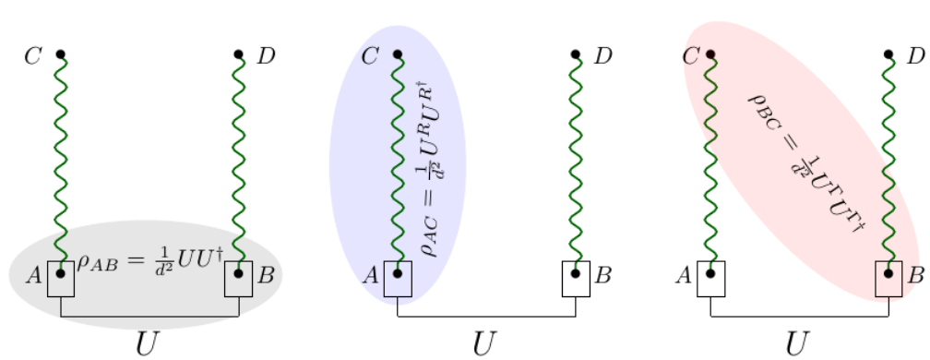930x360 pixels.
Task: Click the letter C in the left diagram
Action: coord(33,56)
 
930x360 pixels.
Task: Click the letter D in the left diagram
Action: coord(266,56)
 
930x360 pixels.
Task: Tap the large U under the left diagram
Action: coord(148,342)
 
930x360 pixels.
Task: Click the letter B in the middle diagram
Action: coord(603,274)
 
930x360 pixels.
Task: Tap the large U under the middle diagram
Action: coord(484,342)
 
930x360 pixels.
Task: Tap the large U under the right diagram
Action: coord(798,342)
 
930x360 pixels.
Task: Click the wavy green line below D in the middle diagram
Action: coord(576,166)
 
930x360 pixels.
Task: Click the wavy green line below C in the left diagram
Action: coord(61,166)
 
